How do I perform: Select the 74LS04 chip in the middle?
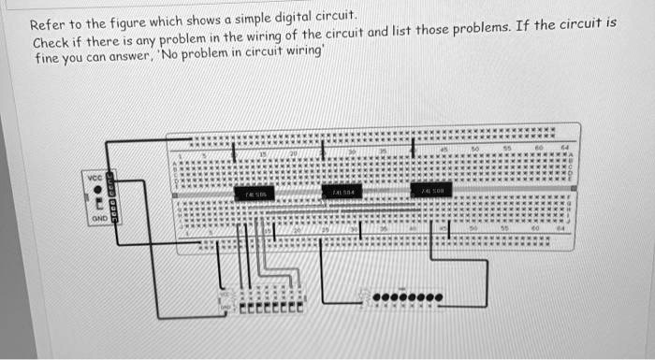click(x=342, y=192)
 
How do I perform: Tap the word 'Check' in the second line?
click(x=51, y=45)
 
